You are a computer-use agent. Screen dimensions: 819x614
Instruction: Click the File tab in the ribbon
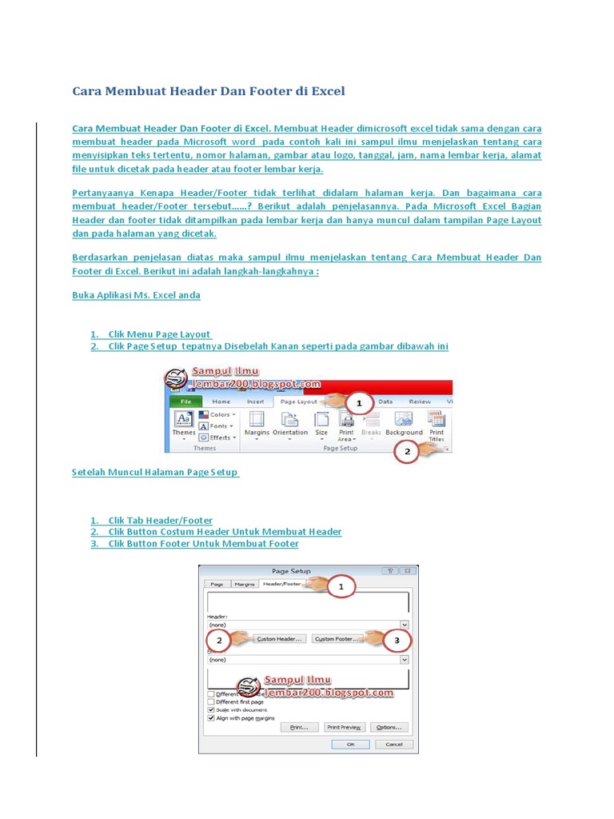pyautogui.click(x=185, y=402)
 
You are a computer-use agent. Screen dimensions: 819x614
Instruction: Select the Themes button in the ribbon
pyautogui.click(x=183, y=423)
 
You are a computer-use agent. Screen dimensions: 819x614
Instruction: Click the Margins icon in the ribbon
pyautogui.click(x=257, y=423)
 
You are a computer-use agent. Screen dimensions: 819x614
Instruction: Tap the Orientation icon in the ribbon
pyautogui.click(x=290, y=423)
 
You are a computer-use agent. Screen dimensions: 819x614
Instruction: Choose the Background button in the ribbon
pyautogui.click(x=404, y=423)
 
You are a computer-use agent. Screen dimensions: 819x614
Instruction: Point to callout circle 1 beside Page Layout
pyautogui.click(x=359, y=403)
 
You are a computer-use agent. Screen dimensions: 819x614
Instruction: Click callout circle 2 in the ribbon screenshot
pyautogui.click(x=407, y=452)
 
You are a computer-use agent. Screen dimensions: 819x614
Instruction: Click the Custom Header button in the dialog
pyautogui.click(x=279, y=639)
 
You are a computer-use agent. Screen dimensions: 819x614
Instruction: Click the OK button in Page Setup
pyautogui.click(x=350, y=743)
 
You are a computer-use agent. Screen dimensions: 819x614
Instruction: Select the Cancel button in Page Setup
pyautogui.click(x=393, y=743)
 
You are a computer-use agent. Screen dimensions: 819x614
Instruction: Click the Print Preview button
pyautogui.click(x=345, y=727)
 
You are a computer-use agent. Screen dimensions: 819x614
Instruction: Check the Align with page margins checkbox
pyautogui.click(x=211, y=718)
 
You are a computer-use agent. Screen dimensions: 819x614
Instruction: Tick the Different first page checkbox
pyautogui.click(x=211, y=701)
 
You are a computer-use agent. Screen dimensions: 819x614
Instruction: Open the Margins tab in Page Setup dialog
pyautogui.click(x=244, y=585)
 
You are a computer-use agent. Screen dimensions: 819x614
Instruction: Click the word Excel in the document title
pyautogui.click(x=328, y=91)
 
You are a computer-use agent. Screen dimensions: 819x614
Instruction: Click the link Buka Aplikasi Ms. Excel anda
pyautogui.click(x=136, y=295)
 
